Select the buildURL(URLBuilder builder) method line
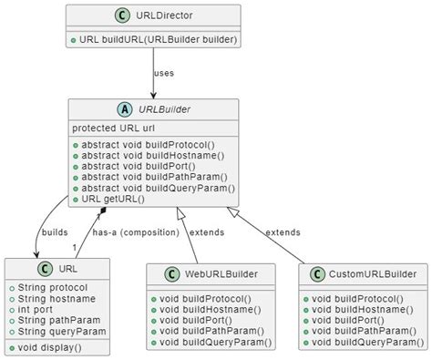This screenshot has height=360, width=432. click(153, 40)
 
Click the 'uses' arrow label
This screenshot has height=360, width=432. click(165, 73)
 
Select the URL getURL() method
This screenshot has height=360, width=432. click(114, 199)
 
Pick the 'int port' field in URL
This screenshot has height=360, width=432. click(34, 309)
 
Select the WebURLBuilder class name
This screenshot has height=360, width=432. click(221, 273)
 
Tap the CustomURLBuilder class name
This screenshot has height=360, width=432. click(370, 273)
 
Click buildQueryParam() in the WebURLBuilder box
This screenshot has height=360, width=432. click(213, 342)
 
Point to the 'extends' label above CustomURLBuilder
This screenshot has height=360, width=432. click(282, 232)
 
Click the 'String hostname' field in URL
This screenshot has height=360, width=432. click(51, 297)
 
